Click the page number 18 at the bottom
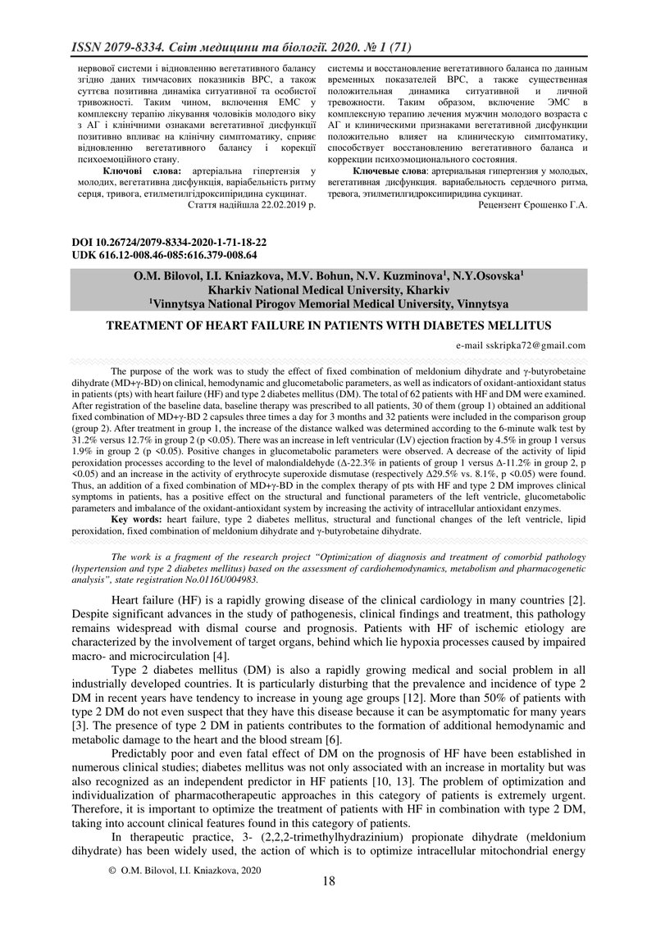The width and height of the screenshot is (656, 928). pyautogui.click(x=329, y=882)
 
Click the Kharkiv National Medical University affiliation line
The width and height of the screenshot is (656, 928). pyautogui.click(x=329, y=290)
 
